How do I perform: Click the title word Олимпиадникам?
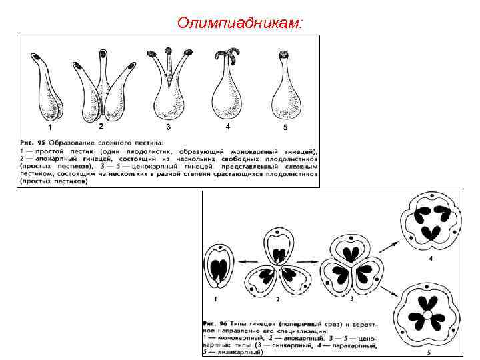point(240,23)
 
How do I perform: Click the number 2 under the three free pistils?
point(101,126)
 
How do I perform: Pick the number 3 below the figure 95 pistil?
point(168,126)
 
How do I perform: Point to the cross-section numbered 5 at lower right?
point(427,313)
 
